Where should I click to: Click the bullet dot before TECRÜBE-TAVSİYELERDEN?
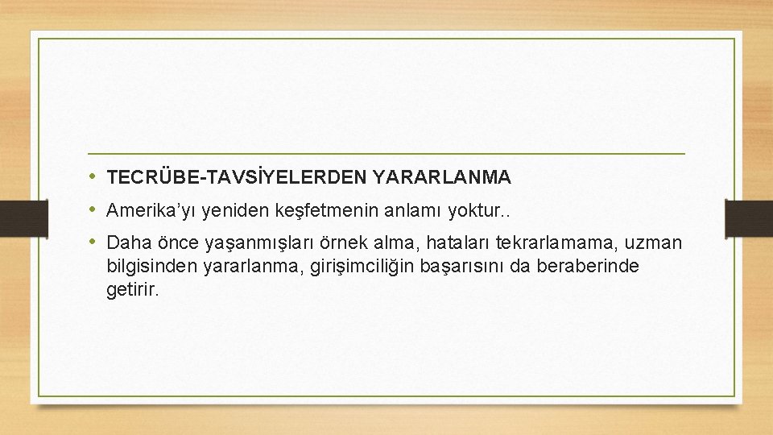point(94,175)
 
